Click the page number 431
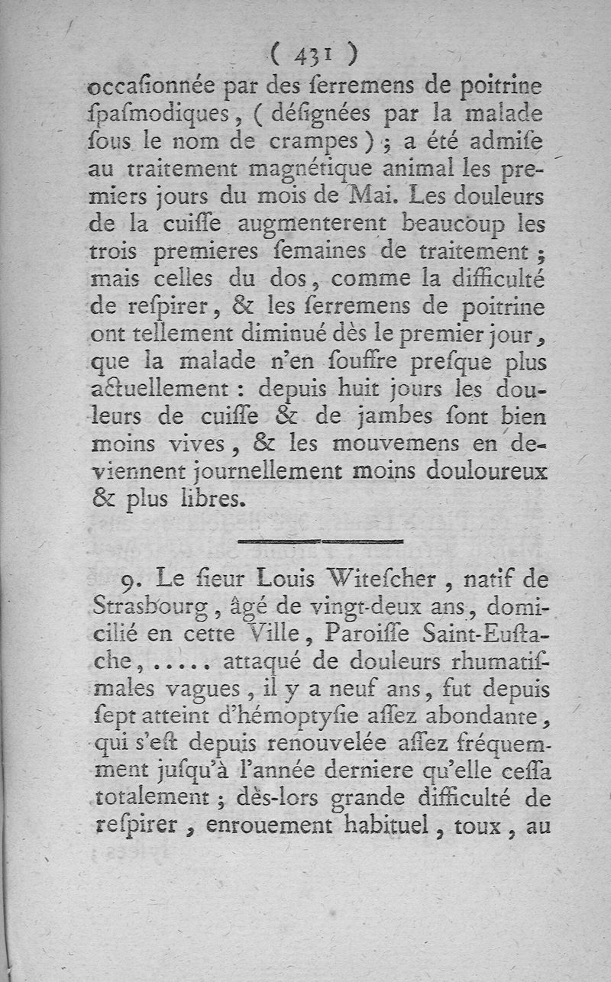[314, 54]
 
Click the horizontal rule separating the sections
[320, 541]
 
